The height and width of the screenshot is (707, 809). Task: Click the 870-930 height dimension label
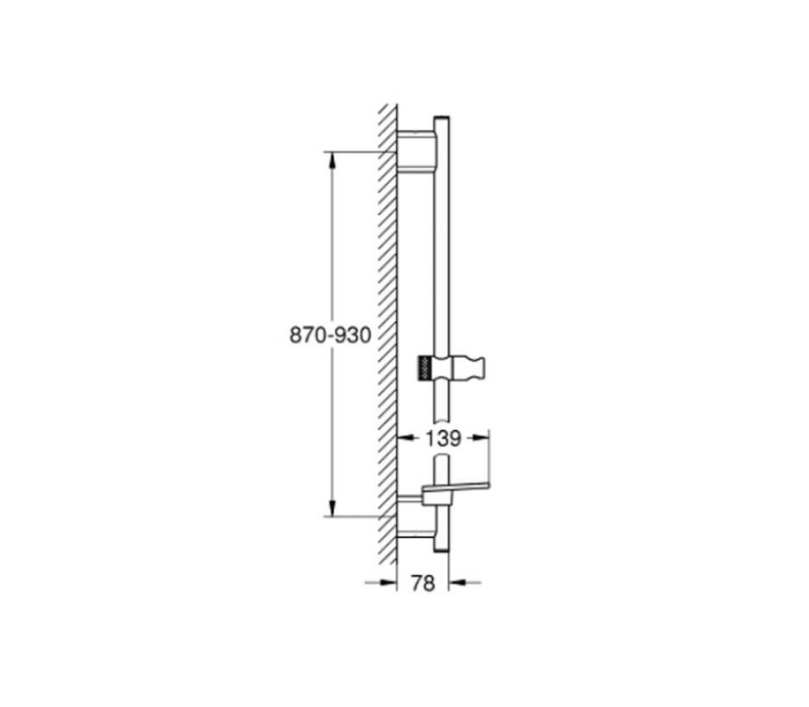pyautogui.click(x=330, y=335)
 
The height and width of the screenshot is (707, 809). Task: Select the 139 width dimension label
pyautogui.click(x=443, y=438)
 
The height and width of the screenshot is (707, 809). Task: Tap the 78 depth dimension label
pyautogui.click(x=423, y=583)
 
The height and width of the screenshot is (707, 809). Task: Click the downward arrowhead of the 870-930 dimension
pyautogui.click(x=333, y=508)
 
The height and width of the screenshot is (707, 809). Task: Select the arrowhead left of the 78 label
pyautogui.click(x=388, y=583)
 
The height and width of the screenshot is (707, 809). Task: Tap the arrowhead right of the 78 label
pyautogui.click(x=457, y=583)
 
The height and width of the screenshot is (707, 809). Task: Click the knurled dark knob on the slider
pyautogui.click(x=425, y=368)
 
